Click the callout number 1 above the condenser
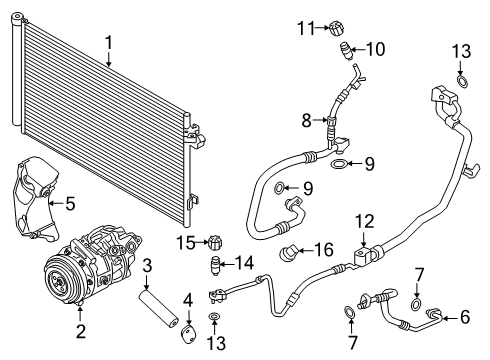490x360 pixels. click(109, 42)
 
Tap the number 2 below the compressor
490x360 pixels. click(80, 329)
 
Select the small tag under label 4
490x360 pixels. click(187, 324)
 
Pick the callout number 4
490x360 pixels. click(187, 298)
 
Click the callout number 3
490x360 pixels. click(147, 265)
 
